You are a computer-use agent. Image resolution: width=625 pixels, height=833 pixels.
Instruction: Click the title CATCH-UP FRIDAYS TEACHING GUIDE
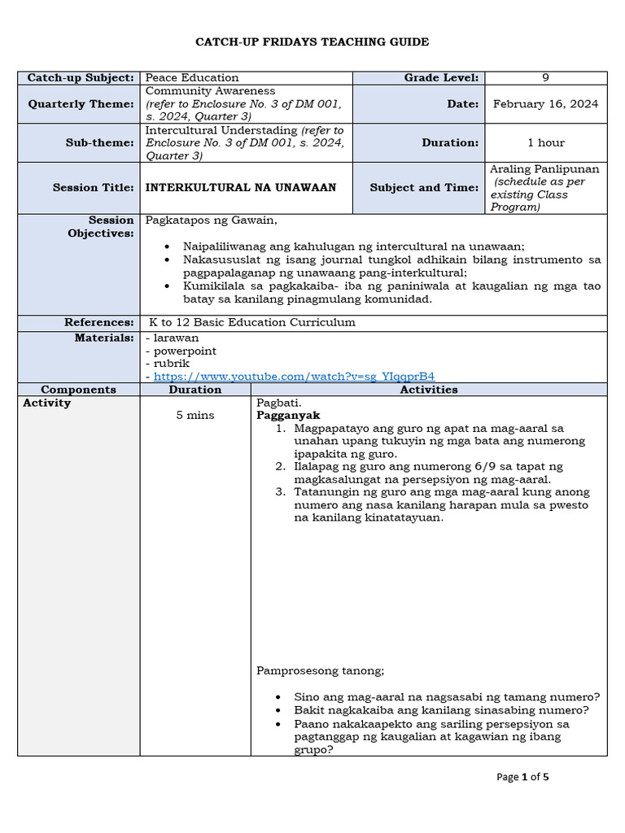(x=312, y=41)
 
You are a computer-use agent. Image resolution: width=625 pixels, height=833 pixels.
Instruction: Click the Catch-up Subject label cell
(x=80, y=77)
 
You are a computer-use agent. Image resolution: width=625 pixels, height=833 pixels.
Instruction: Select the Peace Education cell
(x=192, y=77)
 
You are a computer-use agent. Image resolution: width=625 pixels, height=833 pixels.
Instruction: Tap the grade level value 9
(x=545, y=77)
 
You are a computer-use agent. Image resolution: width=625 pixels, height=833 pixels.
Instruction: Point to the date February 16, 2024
(x=545, y=103)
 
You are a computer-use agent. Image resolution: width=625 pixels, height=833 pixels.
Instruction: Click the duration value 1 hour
(x=545, y=142)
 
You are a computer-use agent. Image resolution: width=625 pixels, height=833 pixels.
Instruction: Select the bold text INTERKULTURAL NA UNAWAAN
(x=240, y=187)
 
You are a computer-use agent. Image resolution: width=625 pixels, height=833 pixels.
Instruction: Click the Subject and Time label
(x=424, y=187)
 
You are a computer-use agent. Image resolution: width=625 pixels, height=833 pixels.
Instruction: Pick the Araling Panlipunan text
(x=544, y=169)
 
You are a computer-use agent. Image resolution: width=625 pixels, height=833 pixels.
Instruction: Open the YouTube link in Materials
(x=294, y=376)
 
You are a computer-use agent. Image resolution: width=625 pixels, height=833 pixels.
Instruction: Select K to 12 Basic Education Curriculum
(x=252, y=322)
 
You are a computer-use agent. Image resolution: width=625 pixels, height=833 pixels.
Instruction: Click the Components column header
(x=78, y=389)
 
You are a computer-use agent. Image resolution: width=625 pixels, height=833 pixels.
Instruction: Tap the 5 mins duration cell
(x=195, y=415)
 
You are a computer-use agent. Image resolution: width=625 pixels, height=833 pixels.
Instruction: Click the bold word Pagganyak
(x=288, y=415)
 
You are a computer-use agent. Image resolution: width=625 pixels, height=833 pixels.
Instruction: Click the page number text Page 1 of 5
(x=522, y=777)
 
